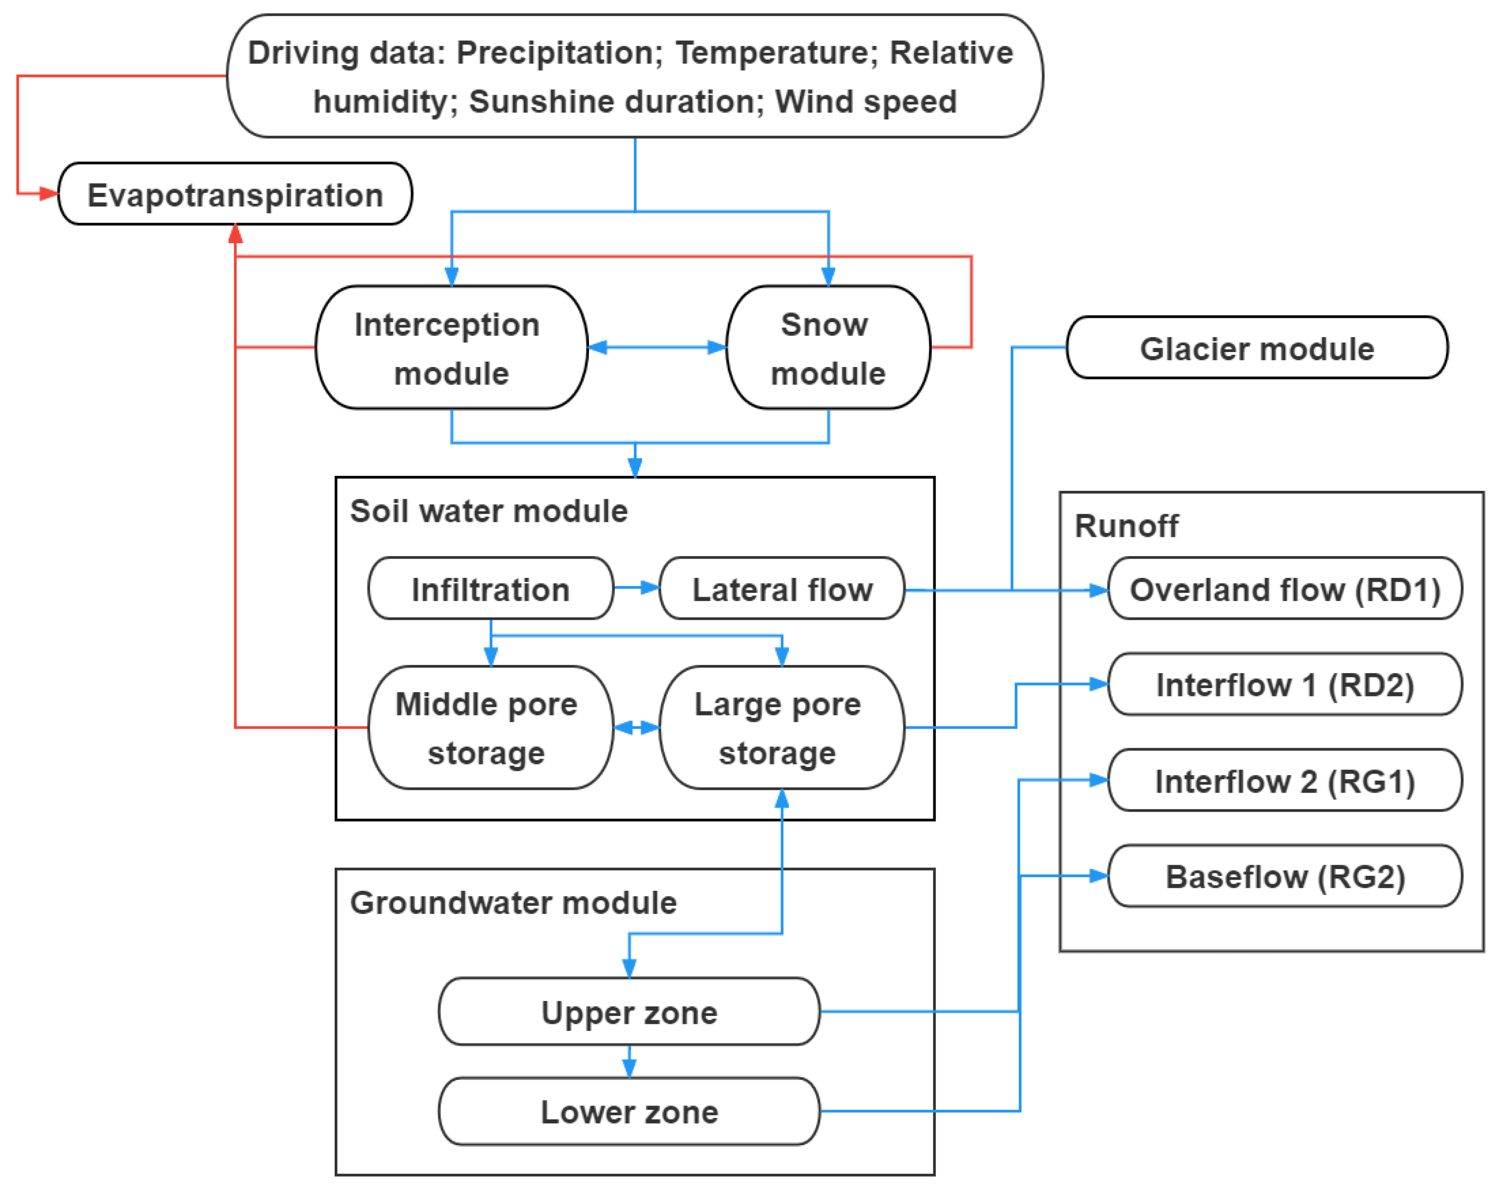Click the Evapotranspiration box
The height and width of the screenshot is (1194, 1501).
(235, 194)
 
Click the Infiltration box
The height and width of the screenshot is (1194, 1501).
(490, 589)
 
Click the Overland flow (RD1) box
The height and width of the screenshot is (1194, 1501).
(1284, 589)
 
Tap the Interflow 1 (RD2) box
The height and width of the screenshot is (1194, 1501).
(1284, 684)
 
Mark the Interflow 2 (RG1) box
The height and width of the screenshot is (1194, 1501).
(1284, 781)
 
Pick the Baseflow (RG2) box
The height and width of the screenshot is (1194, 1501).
(1284, 876)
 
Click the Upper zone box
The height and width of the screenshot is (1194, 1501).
(629, 1012)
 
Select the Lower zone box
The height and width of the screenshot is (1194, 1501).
(629, 1111)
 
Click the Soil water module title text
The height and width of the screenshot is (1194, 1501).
(489, 511)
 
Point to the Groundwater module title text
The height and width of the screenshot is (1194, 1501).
(513, 902)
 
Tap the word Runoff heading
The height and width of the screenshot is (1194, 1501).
(1126, 526)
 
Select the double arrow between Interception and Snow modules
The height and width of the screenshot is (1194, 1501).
(657, 347)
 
